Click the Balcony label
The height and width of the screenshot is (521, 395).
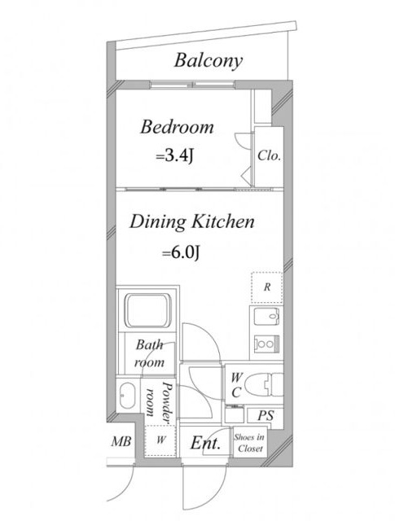coord(208,61)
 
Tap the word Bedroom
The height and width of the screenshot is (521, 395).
coord(177,127)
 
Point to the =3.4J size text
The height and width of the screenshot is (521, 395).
coord(174,155)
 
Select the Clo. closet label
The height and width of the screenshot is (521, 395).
coord(270,155)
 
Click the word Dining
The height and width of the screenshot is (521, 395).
coord(157,222)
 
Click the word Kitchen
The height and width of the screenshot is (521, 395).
coord(224,221)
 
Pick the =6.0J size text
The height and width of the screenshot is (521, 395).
coord(181,253)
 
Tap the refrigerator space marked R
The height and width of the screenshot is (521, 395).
coord(266,287)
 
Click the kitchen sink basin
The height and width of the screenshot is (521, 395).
coord(266,317)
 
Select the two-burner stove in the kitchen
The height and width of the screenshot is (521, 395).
coord(266,344)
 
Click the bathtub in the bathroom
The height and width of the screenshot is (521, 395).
coord(148,310)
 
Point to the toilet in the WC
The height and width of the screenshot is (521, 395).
coord(264,384)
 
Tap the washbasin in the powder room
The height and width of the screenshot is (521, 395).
coord(127,396)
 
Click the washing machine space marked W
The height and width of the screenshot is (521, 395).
coord(161,440)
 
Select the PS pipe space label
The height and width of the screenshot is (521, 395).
coord(266,416)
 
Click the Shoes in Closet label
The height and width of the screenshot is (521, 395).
coord(250,443)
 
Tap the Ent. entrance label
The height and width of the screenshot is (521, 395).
coord(205,443)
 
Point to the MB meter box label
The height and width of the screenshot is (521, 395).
coord(121,441)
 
